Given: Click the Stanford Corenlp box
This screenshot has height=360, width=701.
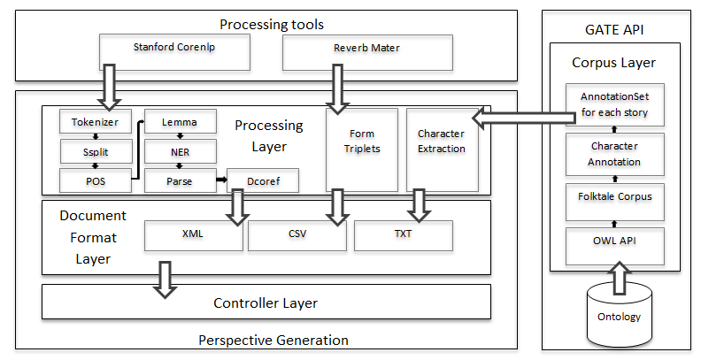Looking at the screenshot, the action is [x=174, y=52].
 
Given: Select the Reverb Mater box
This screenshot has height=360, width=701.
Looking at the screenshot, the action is [x=367, y=53].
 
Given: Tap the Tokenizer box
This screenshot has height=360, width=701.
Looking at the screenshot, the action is [x=96, y=121].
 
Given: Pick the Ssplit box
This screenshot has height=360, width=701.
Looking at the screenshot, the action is [x=96, y=151].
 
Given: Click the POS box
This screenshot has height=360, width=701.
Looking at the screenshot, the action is [x=96, y=180].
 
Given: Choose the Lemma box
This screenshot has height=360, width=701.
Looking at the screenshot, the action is [x=181, y=121].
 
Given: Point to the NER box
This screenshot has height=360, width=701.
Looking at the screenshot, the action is [x=181, y=151].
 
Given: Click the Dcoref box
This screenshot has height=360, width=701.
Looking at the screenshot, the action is [x=263, y=180].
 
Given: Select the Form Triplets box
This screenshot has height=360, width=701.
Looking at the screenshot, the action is [x=362, y=150].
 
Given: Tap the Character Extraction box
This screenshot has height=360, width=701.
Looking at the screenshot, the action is [x=442, y=150].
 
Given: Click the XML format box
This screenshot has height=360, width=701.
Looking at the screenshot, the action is [x=193, y=235].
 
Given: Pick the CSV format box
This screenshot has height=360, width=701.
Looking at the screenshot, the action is [x=297, y=235].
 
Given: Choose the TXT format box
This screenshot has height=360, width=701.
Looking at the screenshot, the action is [x=404, y=235].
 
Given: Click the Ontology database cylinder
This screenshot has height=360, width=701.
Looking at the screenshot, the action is [x=620, y=318].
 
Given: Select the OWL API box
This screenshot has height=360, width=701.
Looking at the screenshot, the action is [x=615, y=247].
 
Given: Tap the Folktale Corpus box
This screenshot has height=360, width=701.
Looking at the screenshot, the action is [x=615, y=202].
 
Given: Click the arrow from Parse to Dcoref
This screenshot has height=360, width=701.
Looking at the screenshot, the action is [x=222, y=180].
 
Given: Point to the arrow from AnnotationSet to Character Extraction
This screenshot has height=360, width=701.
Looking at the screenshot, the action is [x=523, y=118].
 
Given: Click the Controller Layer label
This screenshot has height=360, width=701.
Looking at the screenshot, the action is [x=266, y=303].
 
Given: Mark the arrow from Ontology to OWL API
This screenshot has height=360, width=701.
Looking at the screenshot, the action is [x=620, y=278].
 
